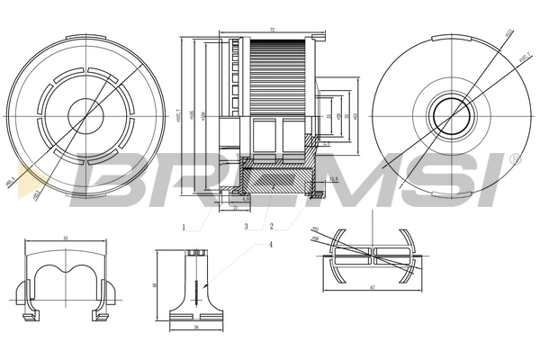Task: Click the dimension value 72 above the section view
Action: click(272, 31)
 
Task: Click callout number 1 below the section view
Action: click(183, 227)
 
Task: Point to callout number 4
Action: click(269, 244)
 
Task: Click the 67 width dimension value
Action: click(372, 288)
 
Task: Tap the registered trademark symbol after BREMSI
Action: click(514, 159)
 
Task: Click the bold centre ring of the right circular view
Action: click(446, 114)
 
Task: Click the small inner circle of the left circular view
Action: click(85, 113)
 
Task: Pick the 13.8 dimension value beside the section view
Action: click(332, 179)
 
